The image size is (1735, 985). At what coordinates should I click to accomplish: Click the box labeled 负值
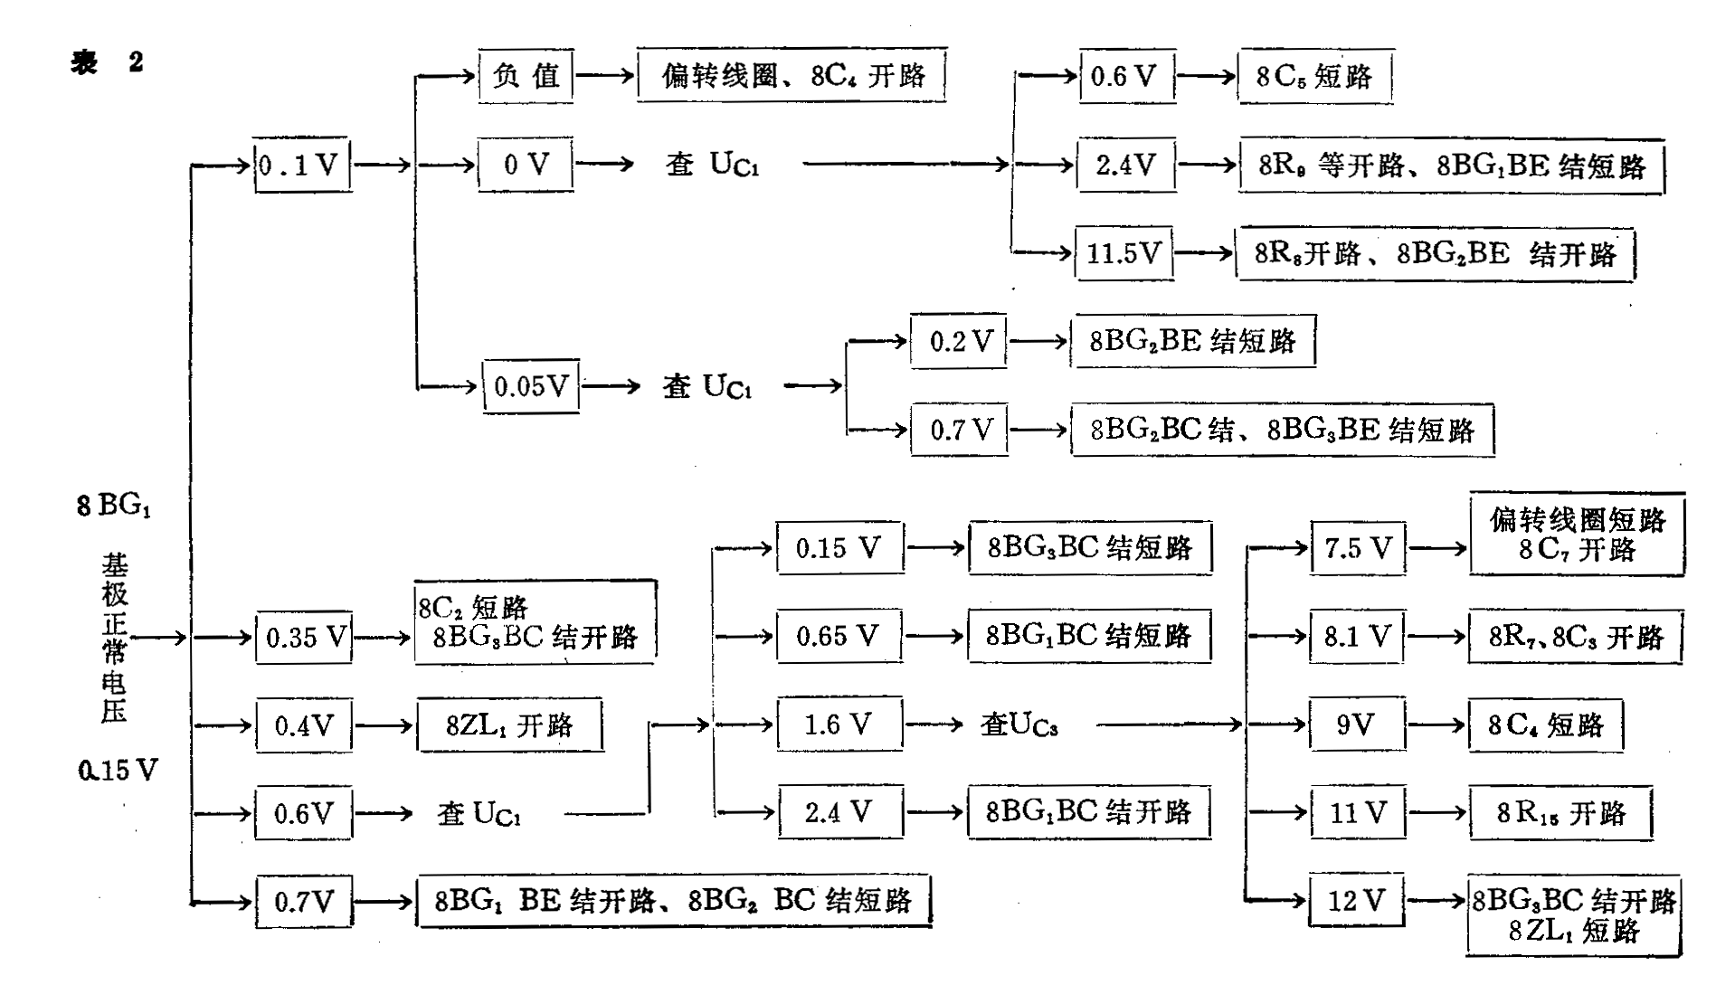click(x=526, y=75)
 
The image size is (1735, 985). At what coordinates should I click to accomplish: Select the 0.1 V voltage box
click(x=302, y=165)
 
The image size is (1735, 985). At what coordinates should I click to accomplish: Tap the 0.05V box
click(x=531, y=386)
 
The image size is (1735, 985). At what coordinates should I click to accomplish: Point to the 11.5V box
click(x=1123, y=252)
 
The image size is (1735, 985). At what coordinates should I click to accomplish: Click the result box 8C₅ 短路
click(x=1314, y=76)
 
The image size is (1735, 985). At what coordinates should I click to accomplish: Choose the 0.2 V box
click(x=958, y=341)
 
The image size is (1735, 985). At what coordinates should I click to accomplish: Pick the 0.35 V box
click(x=303, y=637)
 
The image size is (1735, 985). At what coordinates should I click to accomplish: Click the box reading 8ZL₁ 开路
click(x=509, y=725)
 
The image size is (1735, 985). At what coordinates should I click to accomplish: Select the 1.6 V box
click(x=839, y=724)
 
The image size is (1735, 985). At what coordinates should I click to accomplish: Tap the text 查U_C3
click(x=1019, y=725)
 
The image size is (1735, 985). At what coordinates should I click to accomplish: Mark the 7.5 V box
click(x=1358, y=547)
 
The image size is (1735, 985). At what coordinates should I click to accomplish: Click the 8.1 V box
click(x=1357, y=636)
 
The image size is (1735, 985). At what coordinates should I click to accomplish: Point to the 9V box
click(x=1356, y=725)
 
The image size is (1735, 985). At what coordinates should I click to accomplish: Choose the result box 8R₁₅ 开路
click(x=1560, y=813)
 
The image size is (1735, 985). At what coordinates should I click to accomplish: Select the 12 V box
click(x=1356, y=900)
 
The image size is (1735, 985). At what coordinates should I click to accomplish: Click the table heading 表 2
click(x=108, y=62)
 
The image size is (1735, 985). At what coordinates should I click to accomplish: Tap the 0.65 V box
click(x=839, y=636)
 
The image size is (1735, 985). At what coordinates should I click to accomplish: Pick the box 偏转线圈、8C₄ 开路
click(x=792, y=75)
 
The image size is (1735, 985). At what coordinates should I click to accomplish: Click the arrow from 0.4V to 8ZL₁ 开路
click(x=384, y=725)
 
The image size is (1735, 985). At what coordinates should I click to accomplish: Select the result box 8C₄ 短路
click(x=1545, y=725)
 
